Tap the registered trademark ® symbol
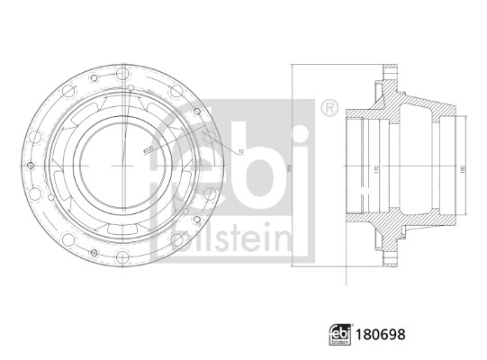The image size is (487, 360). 329,110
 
